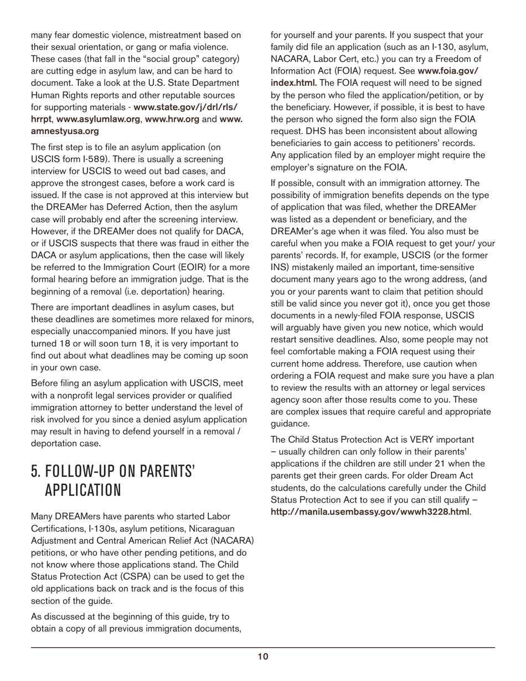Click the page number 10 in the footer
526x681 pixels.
tap(262, 657)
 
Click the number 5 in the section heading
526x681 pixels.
tap(35, 471)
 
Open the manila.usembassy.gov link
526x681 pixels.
tap(370, 512)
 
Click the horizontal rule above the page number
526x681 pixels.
tap(262, 647)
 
